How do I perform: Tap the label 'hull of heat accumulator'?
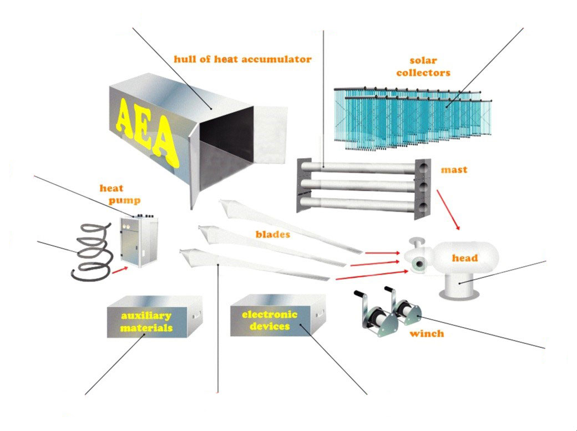click(242, 59)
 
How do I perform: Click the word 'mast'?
click(453, 169)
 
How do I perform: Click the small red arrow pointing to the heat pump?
click(119, 270)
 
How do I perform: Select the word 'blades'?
click(273, 234)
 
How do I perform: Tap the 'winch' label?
click(427, 334)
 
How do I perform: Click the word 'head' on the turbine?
click(464, 258)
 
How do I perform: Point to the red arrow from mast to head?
click(448, 210)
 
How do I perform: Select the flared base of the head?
click(460, 290)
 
